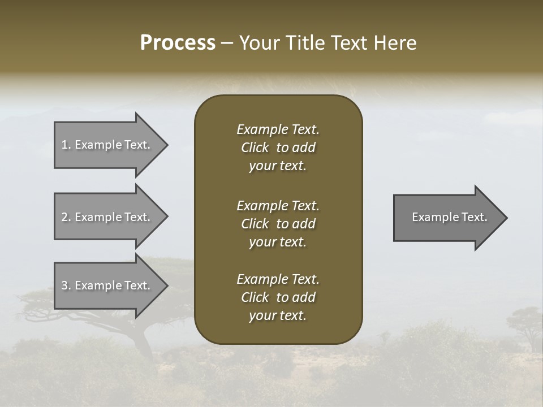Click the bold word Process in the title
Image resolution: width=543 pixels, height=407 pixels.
178,43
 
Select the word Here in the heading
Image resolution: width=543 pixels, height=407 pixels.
395,43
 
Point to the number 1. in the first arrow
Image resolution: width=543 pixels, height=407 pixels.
66,145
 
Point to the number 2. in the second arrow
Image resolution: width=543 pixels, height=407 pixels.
66,217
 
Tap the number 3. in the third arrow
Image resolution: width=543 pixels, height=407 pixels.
66,285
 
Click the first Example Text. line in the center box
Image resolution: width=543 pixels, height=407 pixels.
278,129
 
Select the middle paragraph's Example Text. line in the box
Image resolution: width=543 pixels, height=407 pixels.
278,206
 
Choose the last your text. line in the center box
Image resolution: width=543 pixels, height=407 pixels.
278,316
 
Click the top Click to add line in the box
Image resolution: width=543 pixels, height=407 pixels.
278,148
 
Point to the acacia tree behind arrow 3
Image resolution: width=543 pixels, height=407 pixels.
141,328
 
